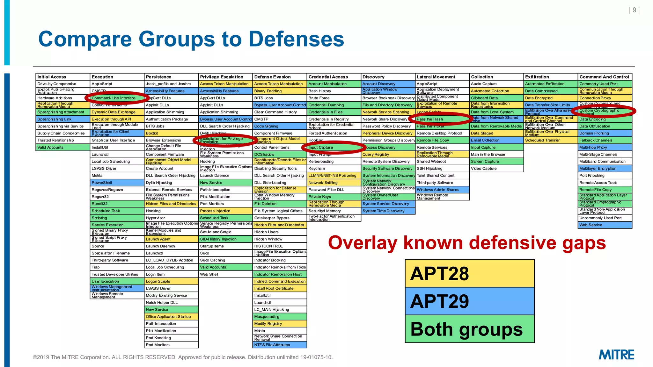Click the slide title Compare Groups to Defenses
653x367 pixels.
[191, 39]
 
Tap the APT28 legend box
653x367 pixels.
[469, 273]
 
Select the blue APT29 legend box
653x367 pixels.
[469, 301]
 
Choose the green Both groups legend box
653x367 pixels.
[469, 329]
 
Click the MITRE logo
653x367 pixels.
[616, 355]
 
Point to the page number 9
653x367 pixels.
[634, 10]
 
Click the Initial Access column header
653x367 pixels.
[62, 77]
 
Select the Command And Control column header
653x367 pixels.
[605, 77]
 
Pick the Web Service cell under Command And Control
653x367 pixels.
[605, 225]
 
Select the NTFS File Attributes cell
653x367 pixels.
[279, 345]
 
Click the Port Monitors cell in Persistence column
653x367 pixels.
[171, 345]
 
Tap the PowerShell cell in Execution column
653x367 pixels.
[117, 183]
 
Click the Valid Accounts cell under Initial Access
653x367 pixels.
[62, 148]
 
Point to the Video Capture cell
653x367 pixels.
[496, 169]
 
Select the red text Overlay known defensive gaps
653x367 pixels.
[467, 243]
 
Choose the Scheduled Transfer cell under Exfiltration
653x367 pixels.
[550, 140]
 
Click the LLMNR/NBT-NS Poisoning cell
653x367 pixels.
[334, 176]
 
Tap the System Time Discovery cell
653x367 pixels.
[388, 211]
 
